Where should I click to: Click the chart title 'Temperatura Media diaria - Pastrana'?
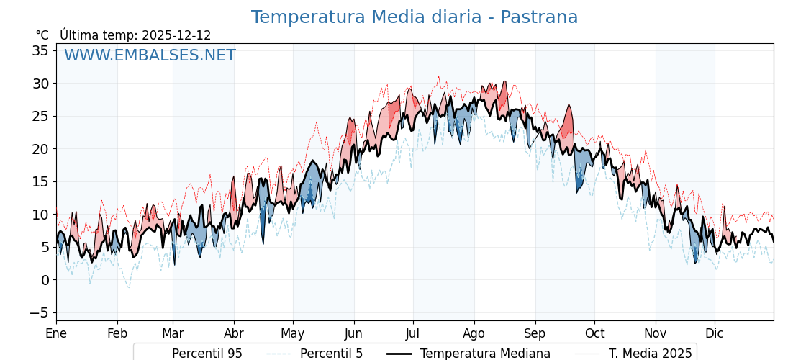tap(414, 17)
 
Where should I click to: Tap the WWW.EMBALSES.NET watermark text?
tap(150, 55)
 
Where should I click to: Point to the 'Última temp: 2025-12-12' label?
tap(135, 35)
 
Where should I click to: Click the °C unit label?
tap(42, 35)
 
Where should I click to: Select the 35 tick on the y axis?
tap(40, 50)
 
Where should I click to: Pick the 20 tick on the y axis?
tap(40, 149)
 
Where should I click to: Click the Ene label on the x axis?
tap(56, 333)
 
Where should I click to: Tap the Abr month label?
tap(234, 333)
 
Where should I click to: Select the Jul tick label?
tap(413, 333)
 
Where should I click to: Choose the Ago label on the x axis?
tap(474, 333)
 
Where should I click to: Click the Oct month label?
tap(594, 333)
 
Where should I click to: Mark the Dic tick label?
tap(715, 333)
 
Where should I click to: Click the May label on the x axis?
tap(293, 333)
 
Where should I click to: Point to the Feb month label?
tap(117, 333)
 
